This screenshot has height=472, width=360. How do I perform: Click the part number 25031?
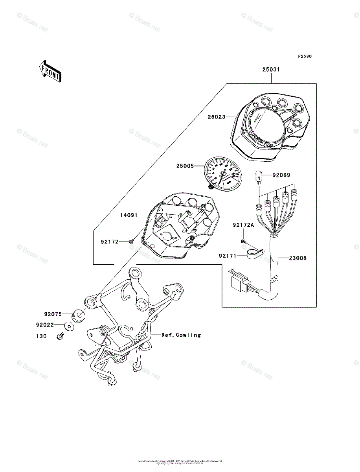271,70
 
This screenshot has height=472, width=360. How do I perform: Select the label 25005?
185,166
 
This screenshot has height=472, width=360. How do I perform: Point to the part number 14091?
129,215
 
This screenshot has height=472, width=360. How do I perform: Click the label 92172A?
244,225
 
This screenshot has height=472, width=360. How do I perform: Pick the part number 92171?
228,256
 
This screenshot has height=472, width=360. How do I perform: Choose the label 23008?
298,258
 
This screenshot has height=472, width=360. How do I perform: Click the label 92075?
53,314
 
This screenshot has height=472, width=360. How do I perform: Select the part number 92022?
45,325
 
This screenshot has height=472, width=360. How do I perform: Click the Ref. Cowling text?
181,335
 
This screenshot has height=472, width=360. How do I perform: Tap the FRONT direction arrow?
50,71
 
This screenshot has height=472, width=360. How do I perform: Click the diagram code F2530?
304,56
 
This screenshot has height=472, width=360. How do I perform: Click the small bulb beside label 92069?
259,175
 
